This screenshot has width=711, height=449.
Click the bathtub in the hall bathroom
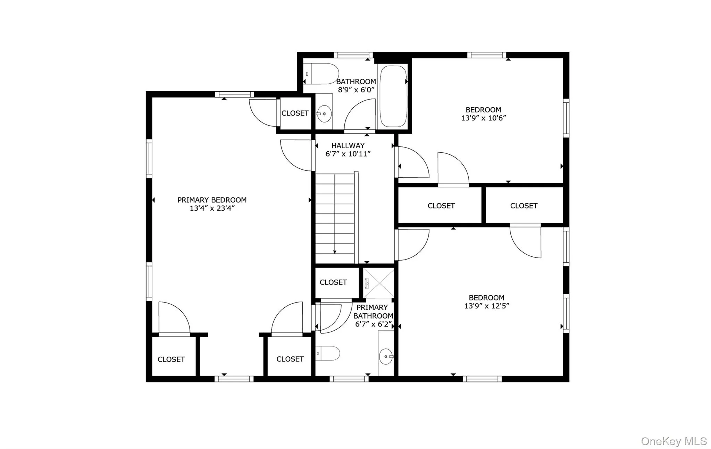click(x=393, y=96)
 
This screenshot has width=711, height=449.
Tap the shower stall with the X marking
click(x=379, y=283)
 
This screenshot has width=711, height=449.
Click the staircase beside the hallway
click(x=335, y=219)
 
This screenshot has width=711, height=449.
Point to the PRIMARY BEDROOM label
click(x=212, y=200)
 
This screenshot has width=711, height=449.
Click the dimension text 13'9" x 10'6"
click(x=483, y=118)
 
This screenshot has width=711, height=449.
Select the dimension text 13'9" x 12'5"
click(x=486, y=306)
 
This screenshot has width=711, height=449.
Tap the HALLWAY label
click(x=348, y=146)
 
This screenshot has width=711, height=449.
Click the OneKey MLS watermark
click(x=674, y=441)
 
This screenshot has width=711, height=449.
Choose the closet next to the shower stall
click(x=333, y=282)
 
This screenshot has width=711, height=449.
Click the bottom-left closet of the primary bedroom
click(x=171, y=359)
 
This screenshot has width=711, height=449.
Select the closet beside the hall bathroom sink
click(x=295, y=113)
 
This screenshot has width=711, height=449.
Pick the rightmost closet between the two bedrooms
click(x=524, y=206)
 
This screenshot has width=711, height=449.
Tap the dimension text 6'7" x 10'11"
click(x=348, y=154)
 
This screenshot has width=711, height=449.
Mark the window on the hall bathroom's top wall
click(x=353, y=55)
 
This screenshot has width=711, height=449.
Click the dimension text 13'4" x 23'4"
click(x=212, y=209)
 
